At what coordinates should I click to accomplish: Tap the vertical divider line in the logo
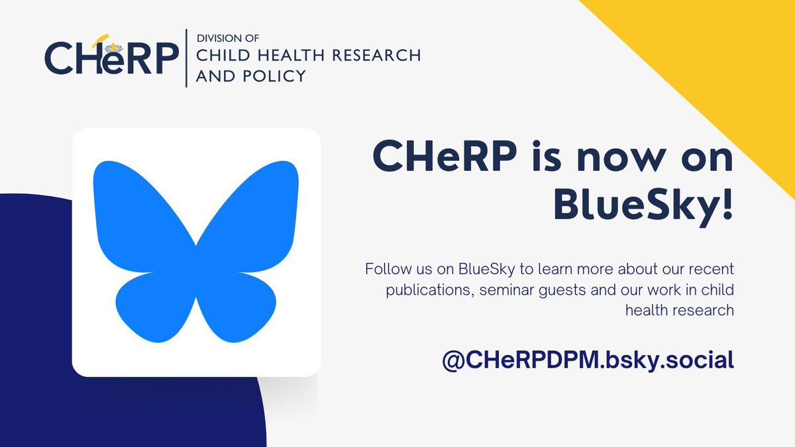[187, 58]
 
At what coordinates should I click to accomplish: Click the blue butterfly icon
[196, 252]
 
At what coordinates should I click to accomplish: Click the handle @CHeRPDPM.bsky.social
[589, 360]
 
